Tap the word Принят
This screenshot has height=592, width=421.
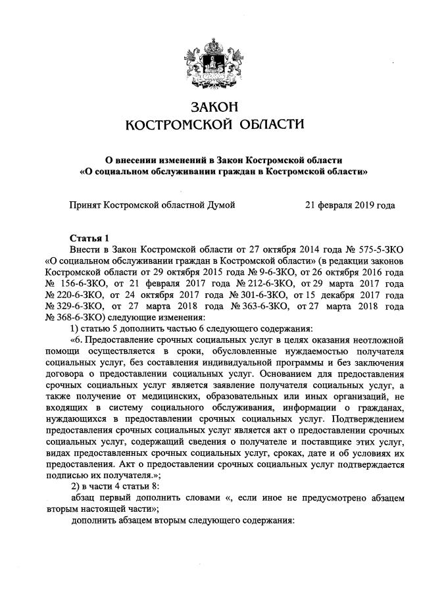(86, 206)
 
